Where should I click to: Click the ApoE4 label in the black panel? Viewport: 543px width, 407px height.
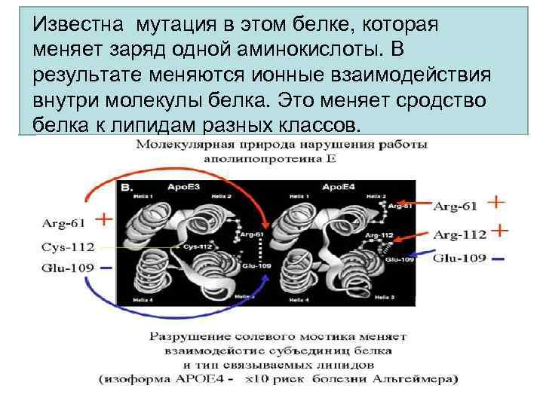click(x=336, y=185)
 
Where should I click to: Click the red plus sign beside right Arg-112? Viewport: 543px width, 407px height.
click(x=499, y=229)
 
